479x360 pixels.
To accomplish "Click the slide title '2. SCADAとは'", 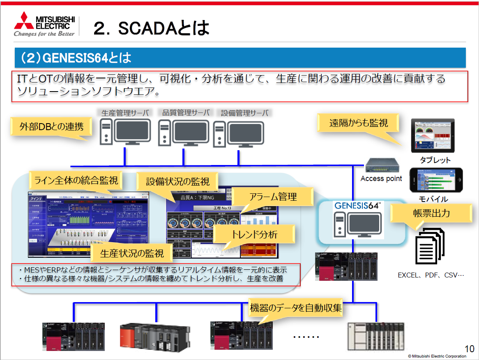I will pyautogui.click(x=151, y=28).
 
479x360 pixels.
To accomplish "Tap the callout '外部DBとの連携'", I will pyautogui.click(x=51, y=126).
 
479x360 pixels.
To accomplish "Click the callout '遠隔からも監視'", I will pyautogui.click(x=358, y=122).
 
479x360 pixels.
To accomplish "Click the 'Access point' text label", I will pyautogui.click(x=381, y=179).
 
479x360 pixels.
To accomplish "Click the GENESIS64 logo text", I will pyautogui.click(x=359, y=206).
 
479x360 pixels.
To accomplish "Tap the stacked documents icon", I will pyautogui.click(x=430, y=246).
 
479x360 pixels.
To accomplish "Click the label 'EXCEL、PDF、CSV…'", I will pyautogui.click(x=431, y=275).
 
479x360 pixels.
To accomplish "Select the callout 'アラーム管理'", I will pyautogui.click(x=273, y=197).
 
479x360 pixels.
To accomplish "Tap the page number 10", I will pyautogui.click(x=469, y=349).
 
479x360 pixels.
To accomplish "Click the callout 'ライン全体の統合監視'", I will pyautogui.click(x=76, y=180).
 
